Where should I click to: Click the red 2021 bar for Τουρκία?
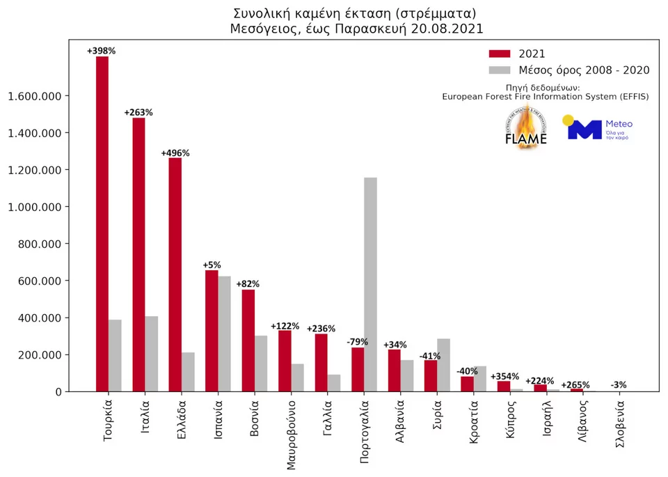tap(102, 223)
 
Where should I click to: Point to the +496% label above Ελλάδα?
tap(175, 153)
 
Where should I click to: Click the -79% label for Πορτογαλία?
tap(358, 341)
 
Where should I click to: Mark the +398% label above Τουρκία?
tap(102, 51)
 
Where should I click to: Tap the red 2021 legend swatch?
tap(500, 54)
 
